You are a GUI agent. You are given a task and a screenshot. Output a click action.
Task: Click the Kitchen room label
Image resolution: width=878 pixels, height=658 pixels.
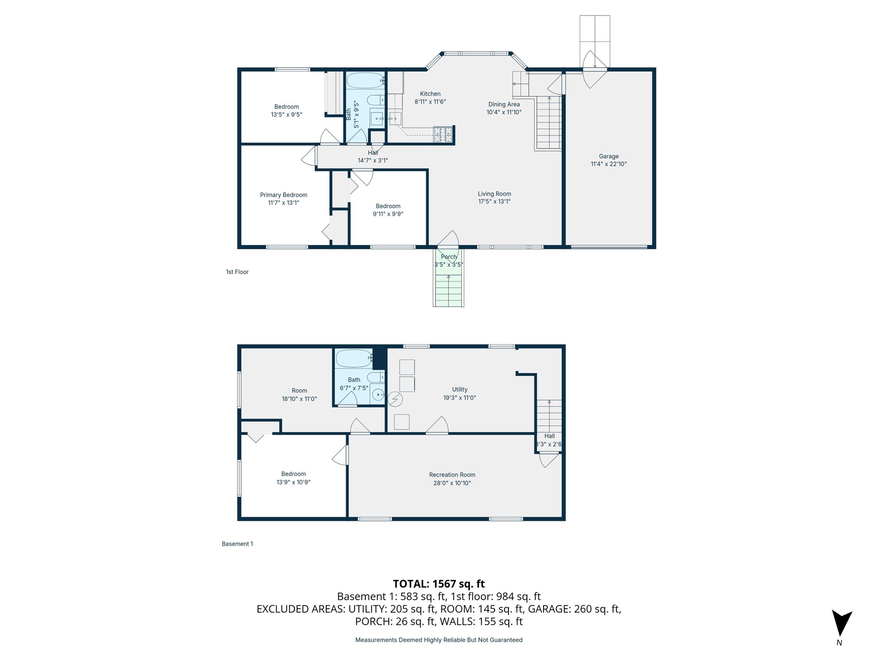point(430,94)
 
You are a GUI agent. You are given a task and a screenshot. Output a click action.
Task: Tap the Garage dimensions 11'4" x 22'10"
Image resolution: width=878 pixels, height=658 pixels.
point(608,164)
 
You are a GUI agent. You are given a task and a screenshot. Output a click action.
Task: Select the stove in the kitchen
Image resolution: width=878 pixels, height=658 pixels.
point(442,135)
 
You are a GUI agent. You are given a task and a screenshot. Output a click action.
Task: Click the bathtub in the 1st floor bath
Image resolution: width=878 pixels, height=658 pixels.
point(365,80)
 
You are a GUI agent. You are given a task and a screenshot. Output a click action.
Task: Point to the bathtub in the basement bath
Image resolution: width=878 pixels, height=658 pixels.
point(354,358)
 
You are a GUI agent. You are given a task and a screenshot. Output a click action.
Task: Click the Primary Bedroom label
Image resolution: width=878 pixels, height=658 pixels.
point(283,195)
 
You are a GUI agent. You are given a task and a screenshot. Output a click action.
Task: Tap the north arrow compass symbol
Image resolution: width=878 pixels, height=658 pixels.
point(841,624)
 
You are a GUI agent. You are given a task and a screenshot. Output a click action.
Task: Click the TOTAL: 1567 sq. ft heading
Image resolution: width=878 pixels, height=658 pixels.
point(439,584)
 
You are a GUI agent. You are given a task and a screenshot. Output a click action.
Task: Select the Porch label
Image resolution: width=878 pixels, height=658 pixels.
point(448,257)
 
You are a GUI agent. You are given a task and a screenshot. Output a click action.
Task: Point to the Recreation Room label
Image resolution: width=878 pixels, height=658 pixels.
point(452,475)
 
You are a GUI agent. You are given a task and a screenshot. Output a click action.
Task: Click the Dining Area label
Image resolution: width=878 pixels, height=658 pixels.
point(504,105)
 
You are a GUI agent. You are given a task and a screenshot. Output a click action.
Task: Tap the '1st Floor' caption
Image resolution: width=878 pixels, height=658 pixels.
point(237,272)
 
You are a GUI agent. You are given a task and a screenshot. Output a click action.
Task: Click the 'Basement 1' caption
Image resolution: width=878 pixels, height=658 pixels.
point(237,544)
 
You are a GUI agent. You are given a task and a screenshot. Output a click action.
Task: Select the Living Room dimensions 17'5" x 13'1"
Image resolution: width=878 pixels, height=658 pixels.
point(494,202)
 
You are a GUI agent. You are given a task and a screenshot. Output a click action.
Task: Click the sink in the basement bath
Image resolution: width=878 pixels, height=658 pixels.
point(378,395)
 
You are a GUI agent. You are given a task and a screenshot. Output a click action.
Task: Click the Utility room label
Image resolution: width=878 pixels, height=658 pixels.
point(460,389)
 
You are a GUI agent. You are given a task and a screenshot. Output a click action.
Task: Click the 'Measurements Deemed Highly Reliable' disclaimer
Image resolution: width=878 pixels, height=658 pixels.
point(439,640)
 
